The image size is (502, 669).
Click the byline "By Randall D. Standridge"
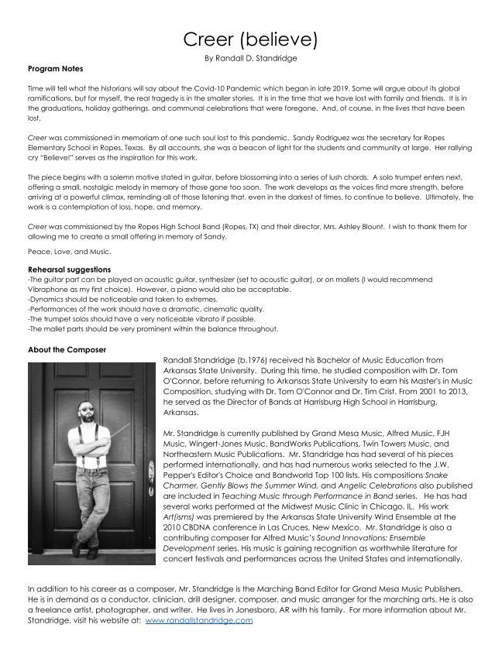click(250, 58)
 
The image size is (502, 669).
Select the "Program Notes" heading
click(55, 69)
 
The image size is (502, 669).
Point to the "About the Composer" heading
click(67, 350)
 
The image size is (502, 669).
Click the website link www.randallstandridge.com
click(198, 620)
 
